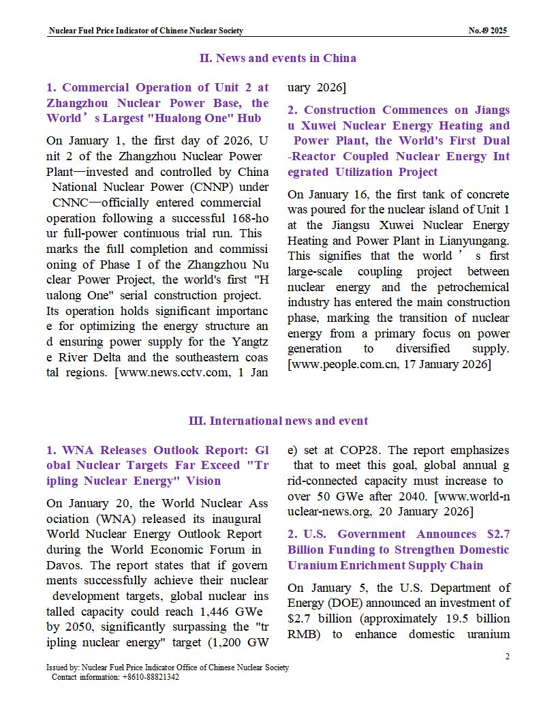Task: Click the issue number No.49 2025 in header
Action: (x=488, y=31)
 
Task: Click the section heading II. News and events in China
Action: (x=277, y=58)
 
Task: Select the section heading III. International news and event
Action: (x=277, y=421)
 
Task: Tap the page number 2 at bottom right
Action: (x=507, y=657)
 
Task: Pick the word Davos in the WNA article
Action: (x=66, y=565)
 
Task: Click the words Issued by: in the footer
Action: (x=62, y=667)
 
